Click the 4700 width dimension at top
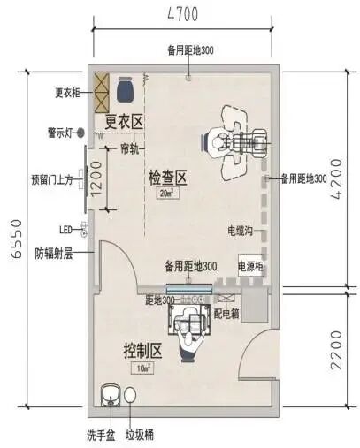180,13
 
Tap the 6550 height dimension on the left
14,239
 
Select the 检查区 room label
166,177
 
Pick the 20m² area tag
165,192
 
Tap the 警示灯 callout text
56,133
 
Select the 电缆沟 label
240,231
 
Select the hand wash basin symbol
111,395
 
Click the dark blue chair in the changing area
123,89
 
